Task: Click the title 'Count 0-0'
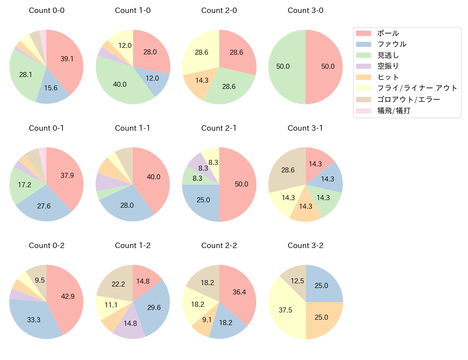(46, 10)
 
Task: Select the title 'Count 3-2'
(305, 246)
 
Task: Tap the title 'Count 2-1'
(219, 128)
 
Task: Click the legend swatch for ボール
(363, 33)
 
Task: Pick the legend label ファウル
(392, 44)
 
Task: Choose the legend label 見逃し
(388, 55)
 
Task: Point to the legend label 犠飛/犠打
(393, 111)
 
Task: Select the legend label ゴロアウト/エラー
(409, 100)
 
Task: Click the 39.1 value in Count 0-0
(67, 59)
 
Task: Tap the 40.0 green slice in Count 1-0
(120, 84)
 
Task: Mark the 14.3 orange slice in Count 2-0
(202, 80)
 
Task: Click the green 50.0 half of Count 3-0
(283, 67)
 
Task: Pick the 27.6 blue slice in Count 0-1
(44, 206)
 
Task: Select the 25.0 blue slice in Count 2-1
(203, 200)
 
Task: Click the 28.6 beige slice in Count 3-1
(288, 170)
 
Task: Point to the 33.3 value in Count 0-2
(34, 320)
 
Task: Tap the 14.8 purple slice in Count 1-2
(130, 323)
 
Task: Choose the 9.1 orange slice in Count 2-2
(207, 320)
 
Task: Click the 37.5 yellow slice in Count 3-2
(285, 310)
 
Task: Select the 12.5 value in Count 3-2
(297, 281)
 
